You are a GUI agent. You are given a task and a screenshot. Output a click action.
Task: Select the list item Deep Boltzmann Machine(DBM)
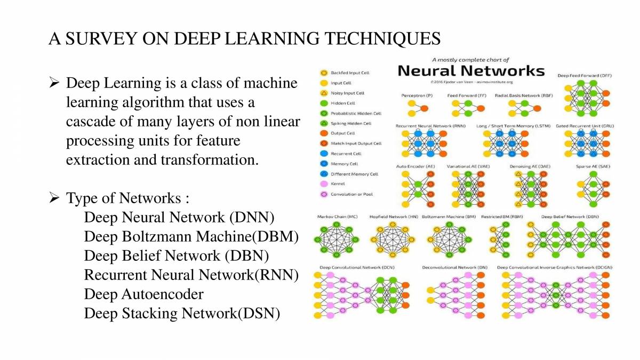(191, 236)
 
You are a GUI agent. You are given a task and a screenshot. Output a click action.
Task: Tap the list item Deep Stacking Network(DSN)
(182, 313)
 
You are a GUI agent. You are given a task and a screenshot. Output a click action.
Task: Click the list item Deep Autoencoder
(143, 294)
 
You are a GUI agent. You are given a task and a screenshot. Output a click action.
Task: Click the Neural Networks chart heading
(471, 71)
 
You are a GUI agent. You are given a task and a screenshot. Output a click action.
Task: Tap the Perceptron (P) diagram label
(417, 95)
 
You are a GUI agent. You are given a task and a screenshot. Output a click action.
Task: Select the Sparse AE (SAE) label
(593, 166)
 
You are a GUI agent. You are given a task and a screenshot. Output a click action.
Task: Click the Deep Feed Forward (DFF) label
(585, 76)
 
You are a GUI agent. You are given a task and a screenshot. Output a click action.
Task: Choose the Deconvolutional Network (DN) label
(454, 267)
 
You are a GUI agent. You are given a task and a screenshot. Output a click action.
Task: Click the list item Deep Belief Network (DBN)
(176, 255)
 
